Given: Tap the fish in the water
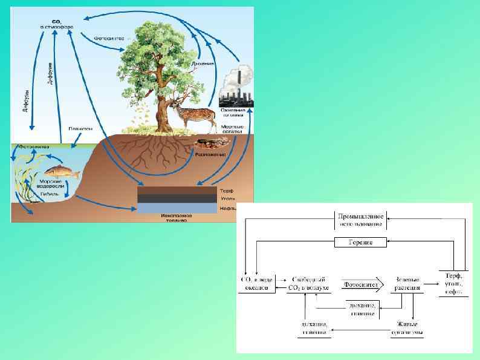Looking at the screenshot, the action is pyautogui.click(x=63, y=172).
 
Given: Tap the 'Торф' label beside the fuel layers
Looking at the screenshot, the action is pyautogui.click(x=227, y=191).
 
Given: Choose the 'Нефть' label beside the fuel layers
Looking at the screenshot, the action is pyautogui.click(x=227, y=208).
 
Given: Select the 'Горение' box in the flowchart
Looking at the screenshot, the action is pyautogui.click(x=360, y=243).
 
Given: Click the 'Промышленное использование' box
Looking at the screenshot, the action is pyautogui.click(x=360, y=220).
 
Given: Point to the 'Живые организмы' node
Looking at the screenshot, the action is pyautogui.click(x=406, y=328).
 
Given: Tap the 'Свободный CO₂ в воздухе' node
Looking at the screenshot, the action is pyautogui.click(x=311, y=284).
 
